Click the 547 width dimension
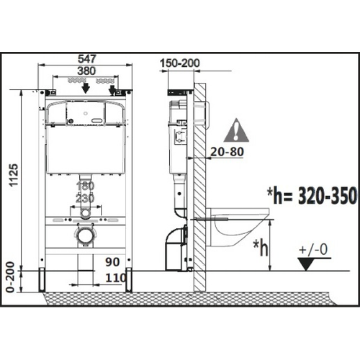click(x=86, y=59)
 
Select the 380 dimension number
click(x=86, y=71)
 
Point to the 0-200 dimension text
click(x=10, y=277)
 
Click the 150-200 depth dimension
click(x=180, y=63)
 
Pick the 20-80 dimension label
click(x=227, y=152)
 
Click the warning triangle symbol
click(x=236, y=130)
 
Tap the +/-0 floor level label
click(x=313, y=250)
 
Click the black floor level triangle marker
click(x=306, y=264)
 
